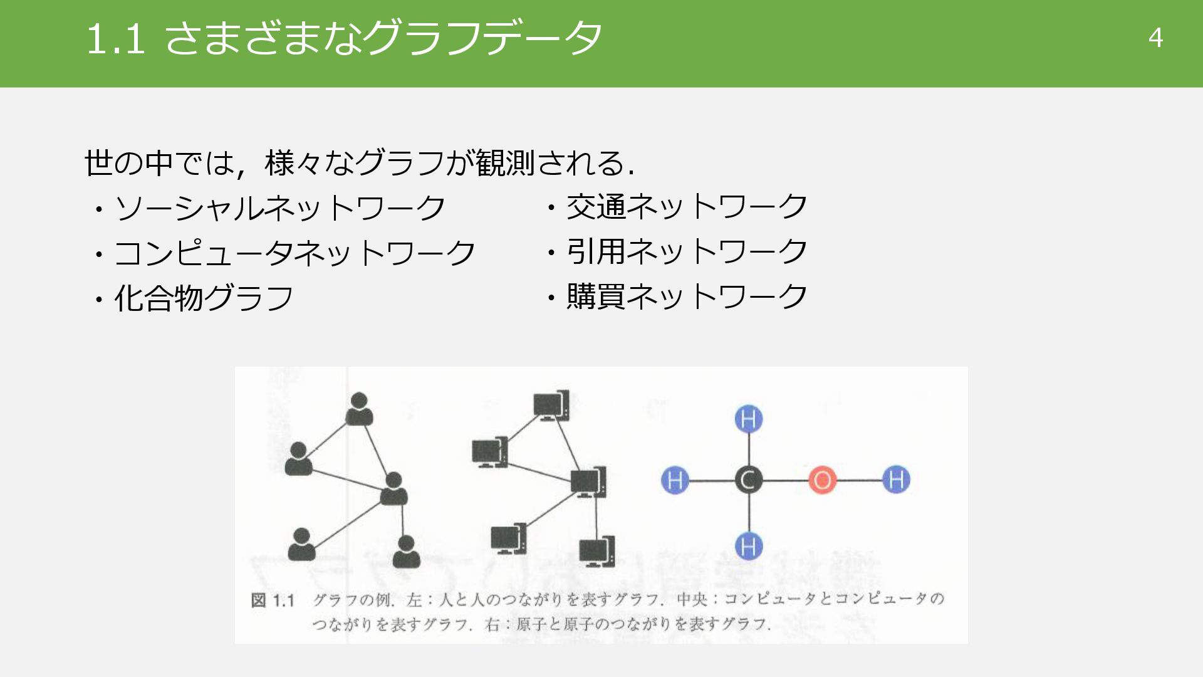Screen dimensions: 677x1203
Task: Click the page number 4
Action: click(x=1155, y=38)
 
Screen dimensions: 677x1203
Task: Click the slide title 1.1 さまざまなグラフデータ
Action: click(x=343, y=38)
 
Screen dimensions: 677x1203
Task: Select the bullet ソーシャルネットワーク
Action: click(x=279, y=208)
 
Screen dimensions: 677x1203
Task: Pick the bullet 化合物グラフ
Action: click(x=204, y=298)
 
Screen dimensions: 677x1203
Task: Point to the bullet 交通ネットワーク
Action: click(x=687, y=206)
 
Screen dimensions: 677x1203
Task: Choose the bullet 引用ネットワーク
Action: click(x=687, y=251)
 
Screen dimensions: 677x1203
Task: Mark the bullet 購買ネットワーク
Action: click(x=687, y=297)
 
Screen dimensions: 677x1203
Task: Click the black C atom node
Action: click(x=748, y=480)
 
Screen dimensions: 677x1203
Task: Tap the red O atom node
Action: click(x=822, y=480)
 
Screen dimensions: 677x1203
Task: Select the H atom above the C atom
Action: click(x=748, y=419)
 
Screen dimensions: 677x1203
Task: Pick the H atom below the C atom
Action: click(x=748, y=545)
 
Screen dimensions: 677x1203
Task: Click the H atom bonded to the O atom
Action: click(x=896, y=480)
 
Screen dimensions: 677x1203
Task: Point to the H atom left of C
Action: click(x=675, y=480)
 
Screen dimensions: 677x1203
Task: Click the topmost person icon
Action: click(x=359, y=409)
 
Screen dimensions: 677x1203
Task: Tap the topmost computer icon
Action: click(x=551, y=406)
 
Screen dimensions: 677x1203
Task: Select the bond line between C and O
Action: click(x=785, y=480)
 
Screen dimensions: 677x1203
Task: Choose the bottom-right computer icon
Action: click(x=596, y=552)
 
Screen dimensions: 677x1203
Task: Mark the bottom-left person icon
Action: click(x=301, y=544)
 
